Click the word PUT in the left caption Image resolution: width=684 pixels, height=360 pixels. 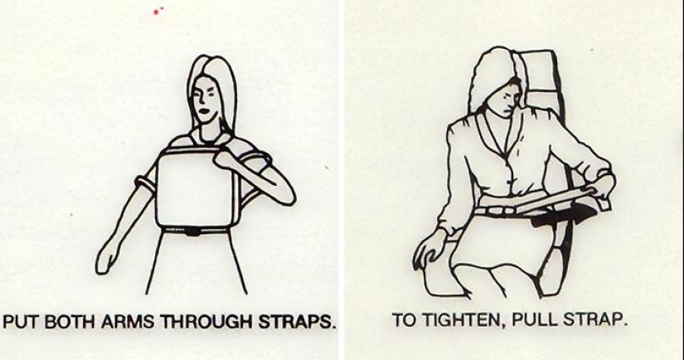coord(22,322)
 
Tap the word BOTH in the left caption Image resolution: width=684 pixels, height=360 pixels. coord(65,322)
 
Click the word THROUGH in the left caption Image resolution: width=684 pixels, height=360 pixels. coord(187,322)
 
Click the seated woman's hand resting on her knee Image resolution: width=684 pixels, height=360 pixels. coord(433,247)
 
